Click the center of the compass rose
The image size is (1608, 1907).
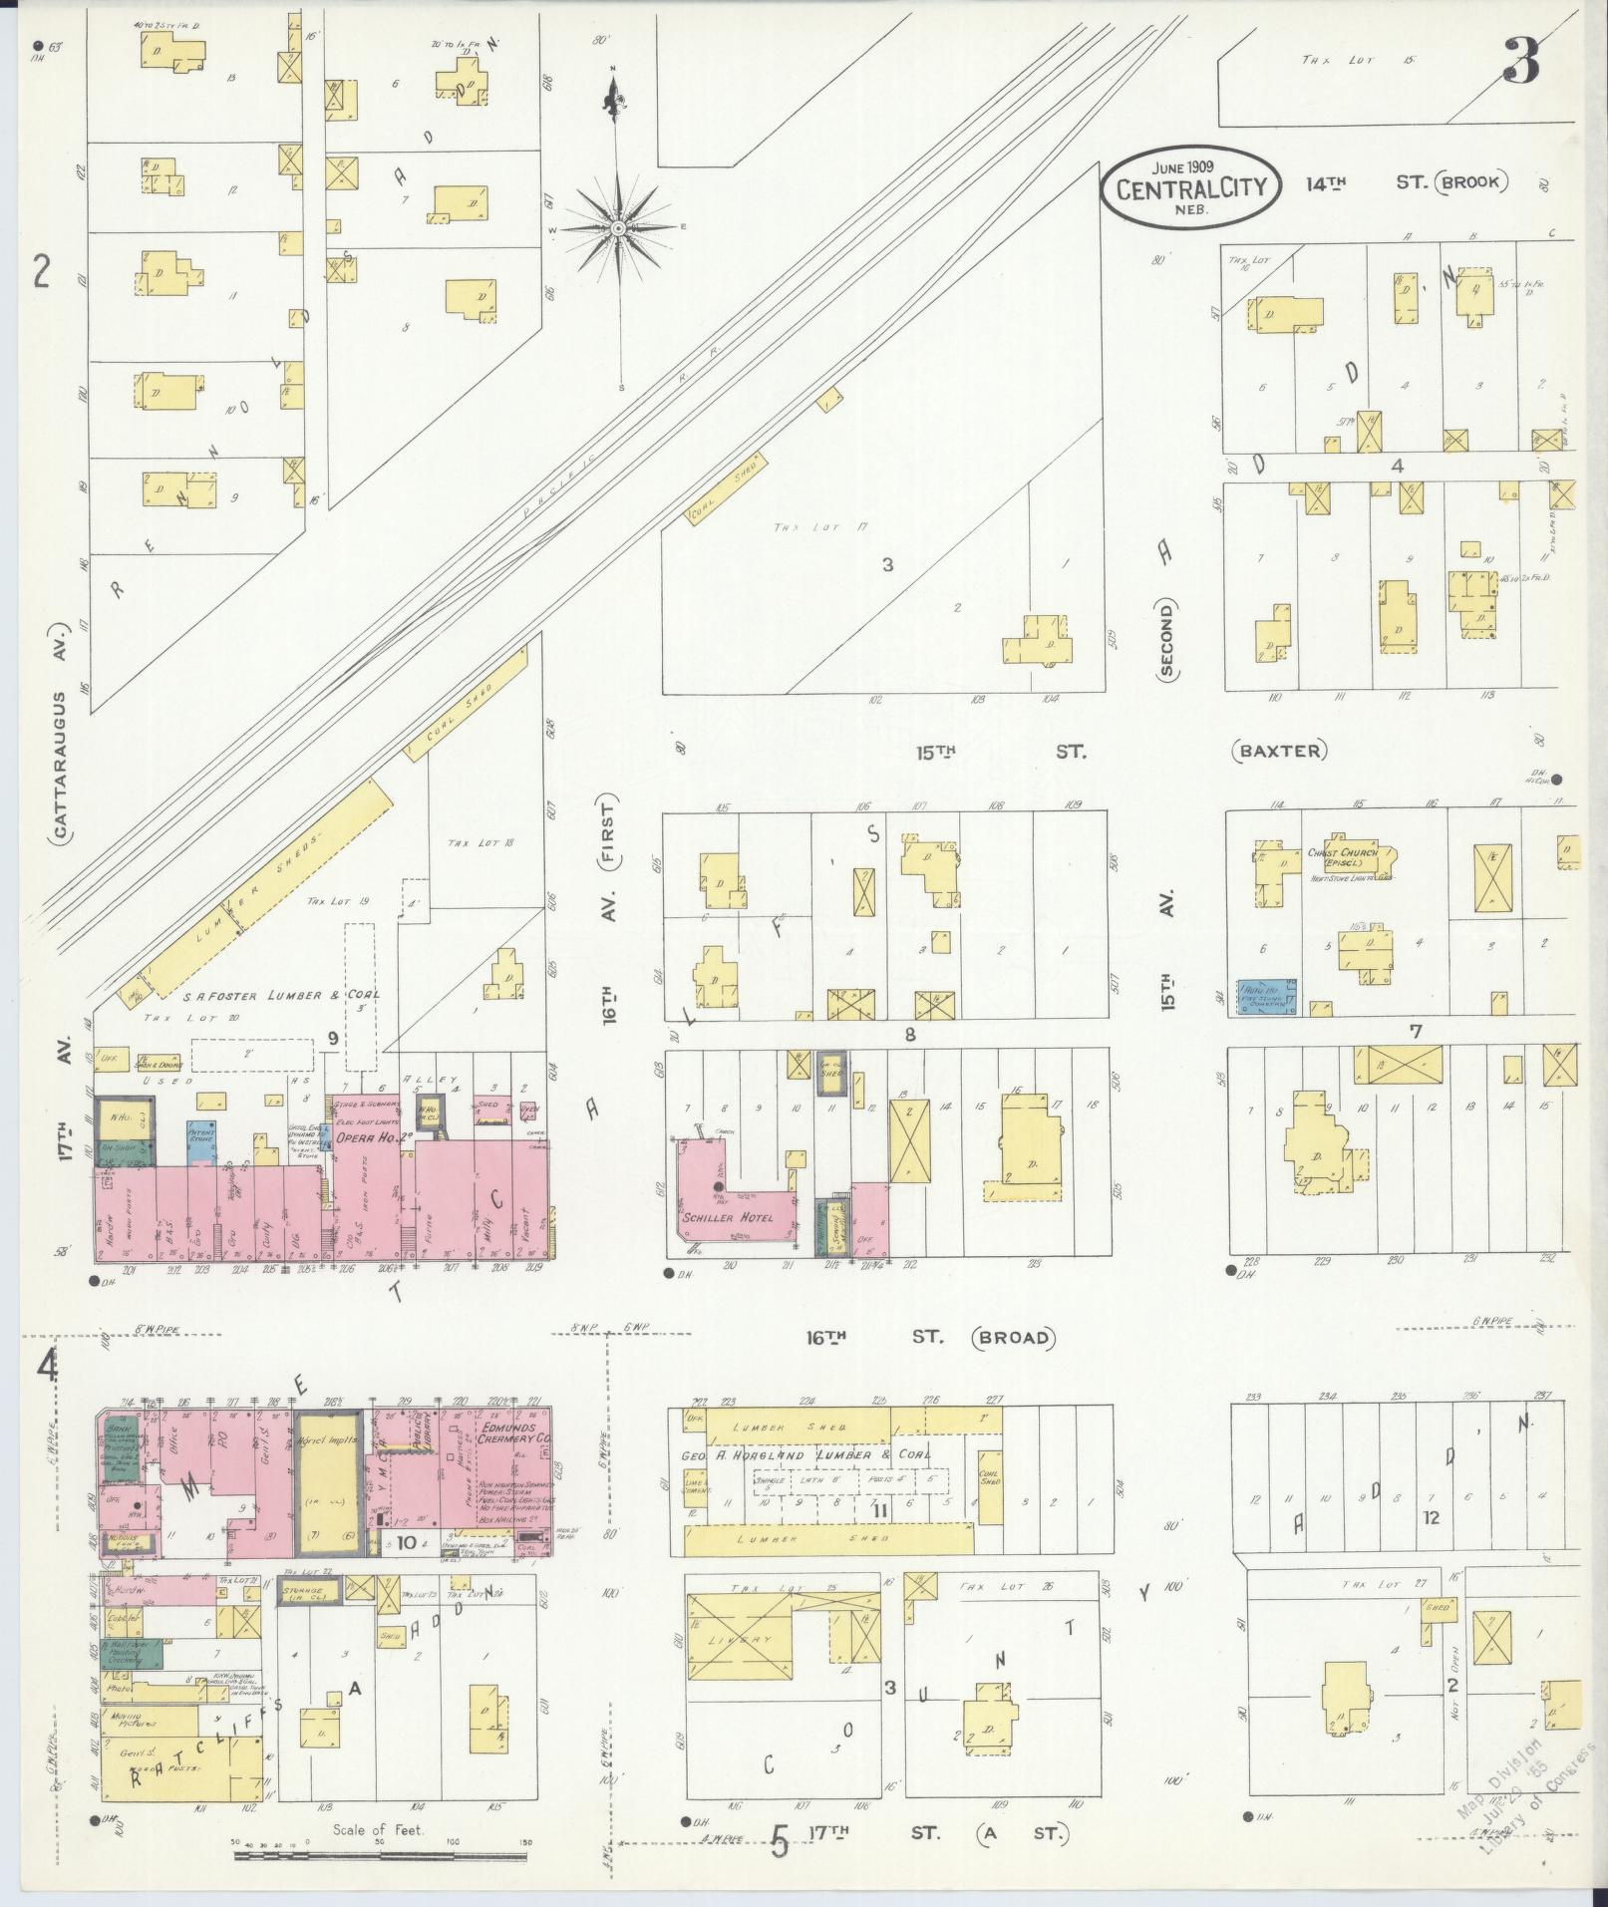(618, 228)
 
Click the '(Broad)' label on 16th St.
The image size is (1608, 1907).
(1014, 1338)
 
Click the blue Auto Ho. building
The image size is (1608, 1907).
(1266, 995)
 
